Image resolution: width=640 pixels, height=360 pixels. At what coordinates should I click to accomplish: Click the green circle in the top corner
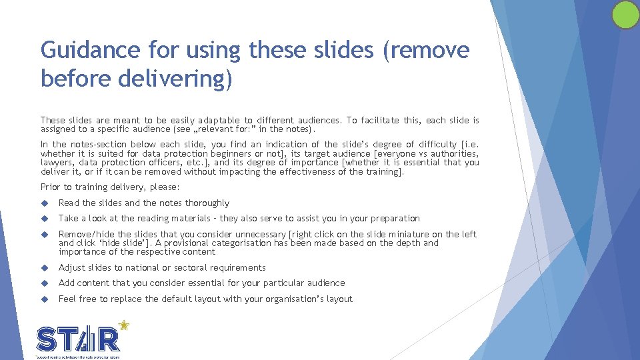click(625, 15)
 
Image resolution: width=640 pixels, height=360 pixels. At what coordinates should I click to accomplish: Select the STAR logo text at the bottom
click(79, 339)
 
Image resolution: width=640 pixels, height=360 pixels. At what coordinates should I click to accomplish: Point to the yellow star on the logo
click(123, 326)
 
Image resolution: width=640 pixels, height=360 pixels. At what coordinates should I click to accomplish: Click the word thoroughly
click(207, 203)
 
